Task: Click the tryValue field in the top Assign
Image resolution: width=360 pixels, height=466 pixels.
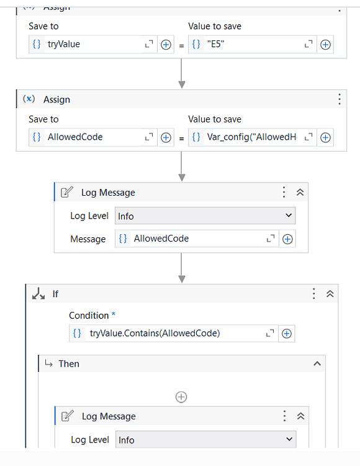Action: (93, 44)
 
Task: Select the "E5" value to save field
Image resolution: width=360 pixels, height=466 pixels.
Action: (251, 44)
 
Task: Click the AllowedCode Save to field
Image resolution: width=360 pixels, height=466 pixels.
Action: (93, 137)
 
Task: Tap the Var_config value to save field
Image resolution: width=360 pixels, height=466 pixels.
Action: (251, 137)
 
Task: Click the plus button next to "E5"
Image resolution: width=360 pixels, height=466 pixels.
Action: (325, 45)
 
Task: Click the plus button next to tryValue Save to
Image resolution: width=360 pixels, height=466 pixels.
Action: (166, 45)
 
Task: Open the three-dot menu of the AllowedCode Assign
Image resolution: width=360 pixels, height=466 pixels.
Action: (339, 99)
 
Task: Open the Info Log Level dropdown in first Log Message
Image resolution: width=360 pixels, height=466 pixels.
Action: (205, 216)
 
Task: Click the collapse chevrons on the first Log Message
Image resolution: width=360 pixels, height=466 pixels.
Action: (300, 193)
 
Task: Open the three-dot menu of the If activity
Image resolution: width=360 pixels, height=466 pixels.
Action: (314, 293)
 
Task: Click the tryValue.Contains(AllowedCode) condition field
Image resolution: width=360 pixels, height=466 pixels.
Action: (174, 333)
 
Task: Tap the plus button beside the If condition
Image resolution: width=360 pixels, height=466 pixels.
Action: (287, 334)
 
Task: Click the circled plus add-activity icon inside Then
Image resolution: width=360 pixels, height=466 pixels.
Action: (181, 396)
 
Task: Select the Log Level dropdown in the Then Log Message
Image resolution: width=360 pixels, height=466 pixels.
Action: (205, 439)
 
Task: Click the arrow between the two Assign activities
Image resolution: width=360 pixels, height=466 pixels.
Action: (182, 75)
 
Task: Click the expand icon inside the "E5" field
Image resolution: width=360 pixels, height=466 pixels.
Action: (308, 45)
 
